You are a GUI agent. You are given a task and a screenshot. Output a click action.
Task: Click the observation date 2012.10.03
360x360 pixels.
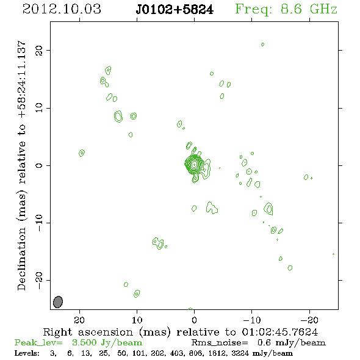point(62,9)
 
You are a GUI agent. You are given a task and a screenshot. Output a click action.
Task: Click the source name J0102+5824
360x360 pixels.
point(175,10)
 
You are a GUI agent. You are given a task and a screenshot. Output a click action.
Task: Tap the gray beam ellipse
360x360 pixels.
point(58,302)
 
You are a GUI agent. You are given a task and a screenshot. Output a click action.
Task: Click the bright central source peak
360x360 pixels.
point(194,164)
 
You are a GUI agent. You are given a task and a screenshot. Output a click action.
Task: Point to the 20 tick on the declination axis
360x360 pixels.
point(39,50)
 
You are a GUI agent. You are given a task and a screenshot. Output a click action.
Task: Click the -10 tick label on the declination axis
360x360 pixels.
point(39,223)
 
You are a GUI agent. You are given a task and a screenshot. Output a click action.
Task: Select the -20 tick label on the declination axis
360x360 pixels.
point(39,280)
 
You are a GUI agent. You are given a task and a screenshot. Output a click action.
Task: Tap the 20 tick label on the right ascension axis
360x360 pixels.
point(79,320)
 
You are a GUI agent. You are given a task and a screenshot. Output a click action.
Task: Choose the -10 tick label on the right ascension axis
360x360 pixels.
point(252,320)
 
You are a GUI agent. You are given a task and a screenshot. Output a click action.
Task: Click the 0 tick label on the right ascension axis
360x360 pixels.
point(194,320)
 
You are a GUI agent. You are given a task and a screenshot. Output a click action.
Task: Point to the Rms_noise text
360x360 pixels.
point(220,343)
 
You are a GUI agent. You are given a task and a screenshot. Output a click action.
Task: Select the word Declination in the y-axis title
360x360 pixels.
point(21,259)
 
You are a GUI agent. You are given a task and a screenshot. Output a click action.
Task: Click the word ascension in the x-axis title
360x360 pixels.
point(106,332)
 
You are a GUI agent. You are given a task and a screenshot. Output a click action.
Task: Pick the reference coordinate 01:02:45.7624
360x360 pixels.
point(280,332)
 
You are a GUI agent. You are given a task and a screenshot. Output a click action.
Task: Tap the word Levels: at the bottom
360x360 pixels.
point(27,353)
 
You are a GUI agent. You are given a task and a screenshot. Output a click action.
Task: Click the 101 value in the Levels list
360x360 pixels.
point(138,353)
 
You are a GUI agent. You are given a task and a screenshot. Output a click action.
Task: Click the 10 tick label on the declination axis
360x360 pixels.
point(39,108)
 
